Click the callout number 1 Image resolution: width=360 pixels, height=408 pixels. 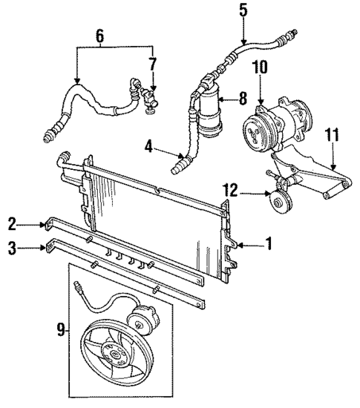click(270, 243)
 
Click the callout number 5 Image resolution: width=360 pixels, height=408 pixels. click(243, 10)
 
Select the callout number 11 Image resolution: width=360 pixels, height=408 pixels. click(332, 134)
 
